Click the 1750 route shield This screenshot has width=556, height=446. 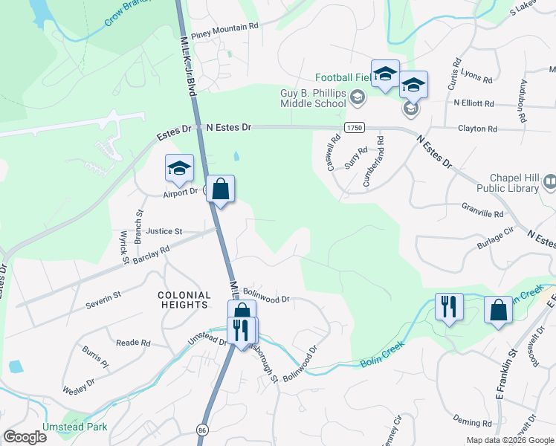355,128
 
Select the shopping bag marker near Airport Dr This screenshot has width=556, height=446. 221,190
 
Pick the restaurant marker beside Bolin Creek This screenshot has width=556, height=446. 449,308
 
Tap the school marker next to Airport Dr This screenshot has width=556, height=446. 179,169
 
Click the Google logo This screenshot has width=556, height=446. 25,436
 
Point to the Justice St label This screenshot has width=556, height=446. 164,232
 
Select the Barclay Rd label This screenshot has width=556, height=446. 152,251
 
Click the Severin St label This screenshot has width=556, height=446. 103,299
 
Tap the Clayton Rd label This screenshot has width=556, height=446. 477,129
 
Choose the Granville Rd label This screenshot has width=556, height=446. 482,213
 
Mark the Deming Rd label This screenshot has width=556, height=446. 472,422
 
